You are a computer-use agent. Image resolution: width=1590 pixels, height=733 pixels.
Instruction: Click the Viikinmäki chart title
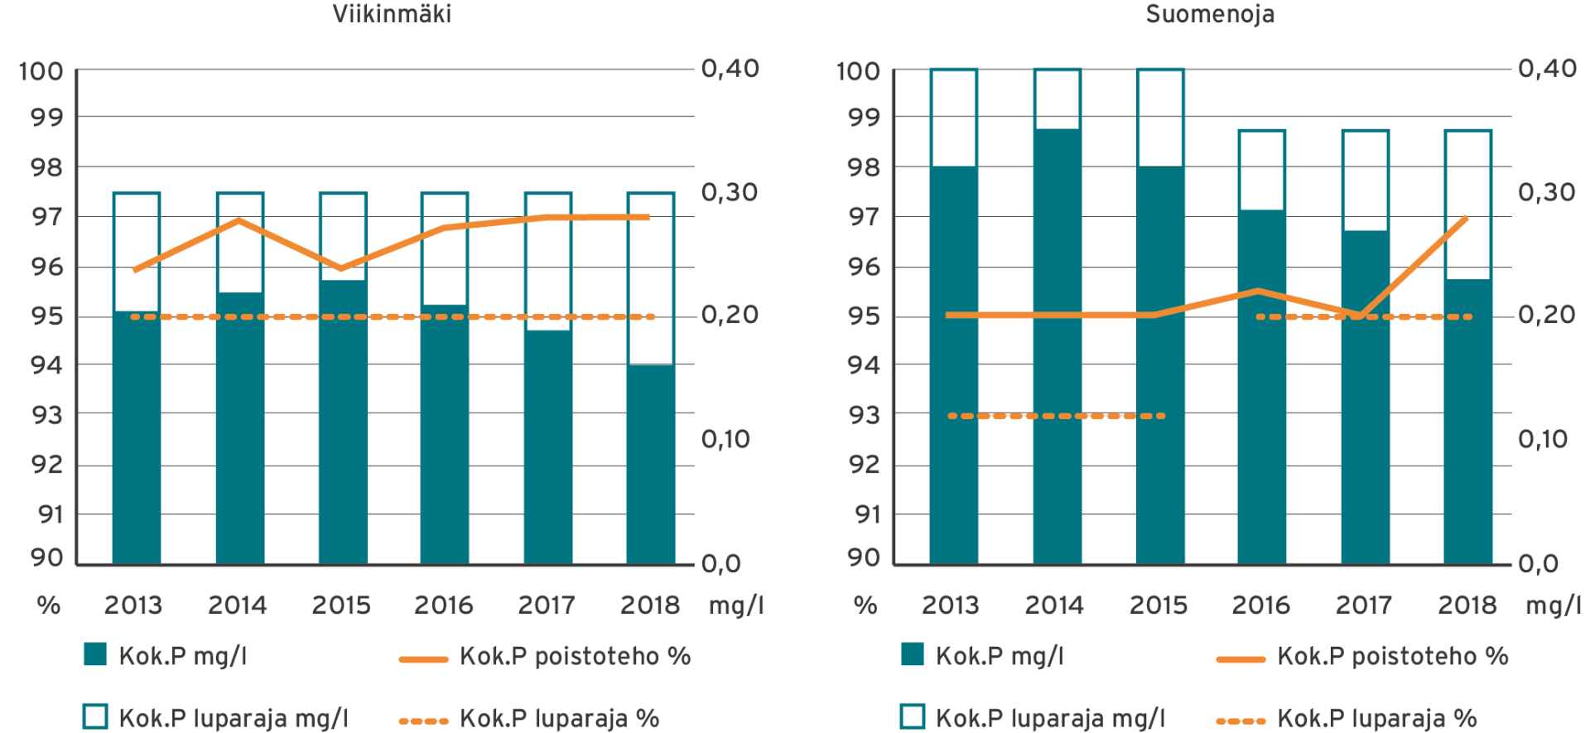pos(392,14)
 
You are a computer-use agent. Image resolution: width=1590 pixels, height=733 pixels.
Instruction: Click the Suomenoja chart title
pos(1209,14)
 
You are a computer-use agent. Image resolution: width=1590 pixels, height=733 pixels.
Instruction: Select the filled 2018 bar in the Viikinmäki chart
pos(650,464)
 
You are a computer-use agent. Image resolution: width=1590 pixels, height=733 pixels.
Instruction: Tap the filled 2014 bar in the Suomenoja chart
pos(1057,348)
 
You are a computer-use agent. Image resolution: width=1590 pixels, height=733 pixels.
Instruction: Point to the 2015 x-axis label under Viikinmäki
pos(341,605)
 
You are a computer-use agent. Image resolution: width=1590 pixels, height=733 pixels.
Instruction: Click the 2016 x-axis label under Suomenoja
pos(1261,605)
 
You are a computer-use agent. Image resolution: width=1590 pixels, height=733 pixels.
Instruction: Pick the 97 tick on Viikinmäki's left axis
pos(47,217)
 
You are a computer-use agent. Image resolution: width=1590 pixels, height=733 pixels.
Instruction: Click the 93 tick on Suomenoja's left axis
pos(864,415)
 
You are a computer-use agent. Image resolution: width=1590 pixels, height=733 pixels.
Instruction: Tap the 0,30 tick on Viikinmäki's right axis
pos(730,192)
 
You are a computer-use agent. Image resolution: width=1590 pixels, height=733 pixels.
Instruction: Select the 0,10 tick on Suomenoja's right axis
pos(1546,439)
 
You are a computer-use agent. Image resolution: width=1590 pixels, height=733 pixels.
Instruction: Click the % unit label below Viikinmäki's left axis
pos(48,605)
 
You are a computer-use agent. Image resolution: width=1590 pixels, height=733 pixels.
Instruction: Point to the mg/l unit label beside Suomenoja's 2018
pos(1553,605)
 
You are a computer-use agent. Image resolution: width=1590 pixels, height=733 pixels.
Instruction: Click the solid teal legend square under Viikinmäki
pos(96,654)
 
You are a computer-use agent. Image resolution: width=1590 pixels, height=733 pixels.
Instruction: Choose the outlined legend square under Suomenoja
pos(913,716)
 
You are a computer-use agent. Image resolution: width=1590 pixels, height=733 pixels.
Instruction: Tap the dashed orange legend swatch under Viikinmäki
pos(423,721)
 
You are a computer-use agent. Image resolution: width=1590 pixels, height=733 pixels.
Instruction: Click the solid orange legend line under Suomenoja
pos(1241,659)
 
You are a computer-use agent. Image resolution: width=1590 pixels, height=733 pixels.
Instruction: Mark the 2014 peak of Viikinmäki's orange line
pos(238,220)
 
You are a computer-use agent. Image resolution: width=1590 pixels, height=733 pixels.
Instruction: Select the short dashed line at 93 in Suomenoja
pos(1057,416)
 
